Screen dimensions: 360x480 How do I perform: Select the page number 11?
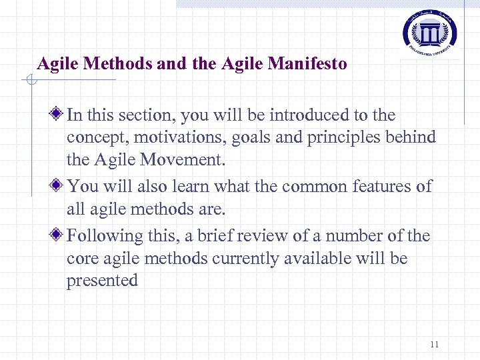(434, 345)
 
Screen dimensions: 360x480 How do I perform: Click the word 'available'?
(326, 259)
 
